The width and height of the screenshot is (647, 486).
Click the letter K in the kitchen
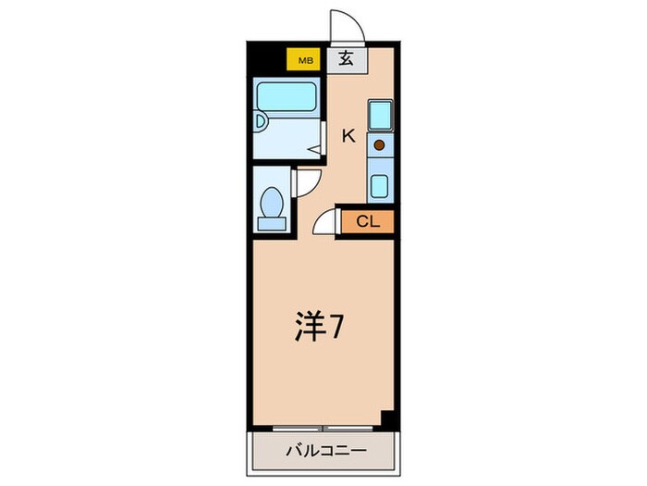[348, 135]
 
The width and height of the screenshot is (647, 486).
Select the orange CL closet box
[366, 221]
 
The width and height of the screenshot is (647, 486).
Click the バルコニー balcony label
[324, 451]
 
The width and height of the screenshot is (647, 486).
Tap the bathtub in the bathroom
[286, 95]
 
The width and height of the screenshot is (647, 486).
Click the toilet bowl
[273, 200]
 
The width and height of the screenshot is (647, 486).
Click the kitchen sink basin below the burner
[379, 184]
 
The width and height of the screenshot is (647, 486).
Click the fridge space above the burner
[379, 115]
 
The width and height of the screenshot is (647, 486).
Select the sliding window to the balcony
[325, 428]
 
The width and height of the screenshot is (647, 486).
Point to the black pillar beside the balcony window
[389, 420]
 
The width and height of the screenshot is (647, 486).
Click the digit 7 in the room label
[340, 328]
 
